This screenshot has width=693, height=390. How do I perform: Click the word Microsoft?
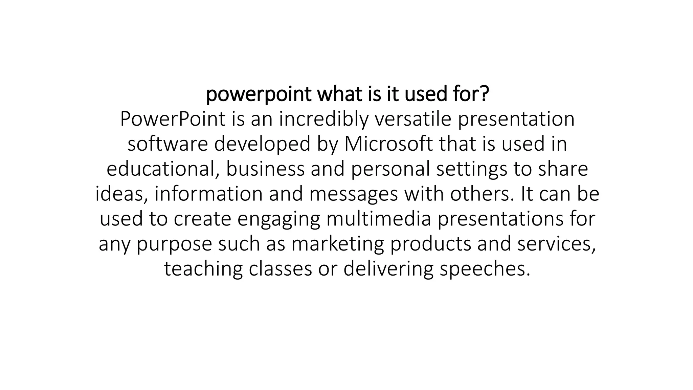[x=388, y=144]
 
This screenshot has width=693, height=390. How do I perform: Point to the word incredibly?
[x=323, y=119]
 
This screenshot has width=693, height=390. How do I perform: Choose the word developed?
[x=262, y=144]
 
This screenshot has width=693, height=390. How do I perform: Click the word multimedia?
[x=379, y=218]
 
